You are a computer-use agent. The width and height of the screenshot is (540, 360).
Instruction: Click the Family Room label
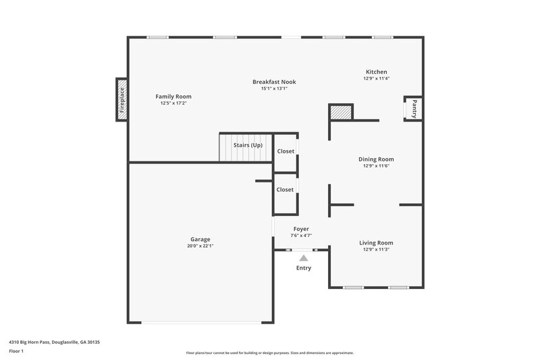point(173,97)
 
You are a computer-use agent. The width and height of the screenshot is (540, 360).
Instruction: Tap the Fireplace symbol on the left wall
point(122,100)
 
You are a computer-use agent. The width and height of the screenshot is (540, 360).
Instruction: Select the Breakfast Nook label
point(274,82)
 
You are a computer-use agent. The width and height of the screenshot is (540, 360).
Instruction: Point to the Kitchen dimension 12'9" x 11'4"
point(376,78)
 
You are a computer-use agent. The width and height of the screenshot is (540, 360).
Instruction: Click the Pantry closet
point(413,108)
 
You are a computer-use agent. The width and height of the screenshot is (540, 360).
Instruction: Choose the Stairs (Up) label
point(248,145)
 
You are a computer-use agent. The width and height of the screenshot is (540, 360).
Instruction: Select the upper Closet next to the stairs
point(285,151)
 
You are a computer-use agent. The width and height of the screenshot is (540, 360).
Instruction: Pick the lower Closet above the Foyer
point(285,190)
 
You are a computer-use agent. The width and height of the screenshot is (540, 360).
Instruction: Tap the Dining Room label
point(376,159)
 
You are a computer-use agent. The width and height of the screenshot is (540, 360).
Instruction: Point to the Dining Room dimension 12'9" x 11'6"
point(376,166)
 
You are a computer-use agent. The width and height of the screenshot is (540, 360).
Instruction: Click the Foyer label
point(301,229)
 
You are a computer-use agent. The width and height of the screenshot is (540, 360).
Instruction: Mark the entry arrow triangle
point(304,257)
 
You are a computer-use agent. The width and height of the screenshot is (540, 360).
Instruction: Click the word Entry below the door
point(304,268)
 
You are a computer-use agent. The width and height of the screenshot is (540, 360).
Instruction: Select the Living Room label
point(376,242)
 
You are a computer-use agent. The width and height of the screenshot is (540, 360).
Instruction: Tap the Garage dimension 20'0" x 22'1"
point(200,246)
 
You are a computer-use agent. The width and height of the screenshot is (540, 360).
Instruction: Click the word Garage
point(200,239)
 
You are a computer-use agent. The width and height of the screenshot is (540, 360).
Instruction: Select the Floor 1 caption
point(16,352)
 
